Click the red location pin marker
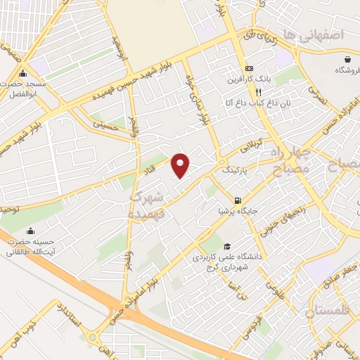click(181, 165)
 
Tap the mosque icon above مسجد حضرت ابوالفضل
click(23, 73)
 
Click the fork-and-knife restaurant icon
click(258, 92)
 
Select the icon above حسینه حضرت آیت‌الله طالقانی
click(30, 231)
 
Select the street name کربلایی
click(254, 146)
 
